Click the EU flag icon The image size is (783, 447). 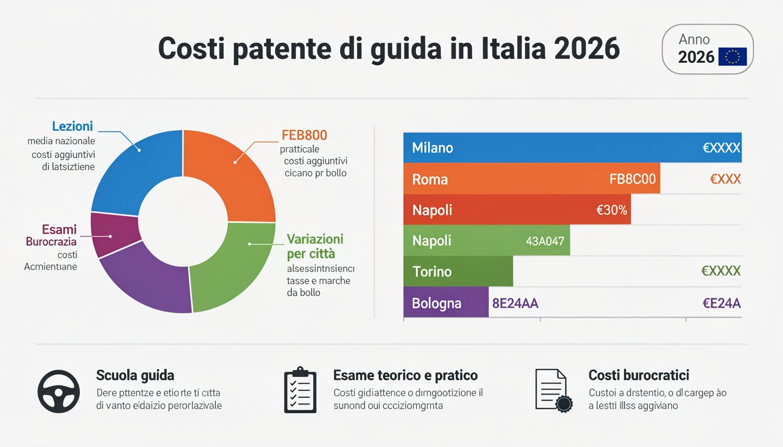pos(732,56)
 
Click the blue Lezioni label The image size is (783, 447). pos(72,126)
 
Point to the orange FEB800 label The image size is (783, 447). pos(304,136)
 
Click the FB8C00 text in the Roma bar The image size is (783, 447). pos(632,179)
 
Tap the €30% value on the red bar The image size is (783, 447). pos(612,210)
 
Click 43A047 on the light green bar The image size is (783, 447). pos(545,241)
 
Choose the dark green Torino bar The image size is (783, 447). pos(458,271)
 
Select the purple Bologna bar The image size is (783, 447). pos(445,303)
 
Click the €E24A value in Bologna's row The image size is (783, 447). pos(721,303)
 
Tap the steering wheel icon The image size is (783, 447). pos(58,391)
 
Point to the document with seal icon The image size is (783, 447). pos(553,391)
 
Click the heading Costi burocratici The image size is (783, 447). pos(639,375)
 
